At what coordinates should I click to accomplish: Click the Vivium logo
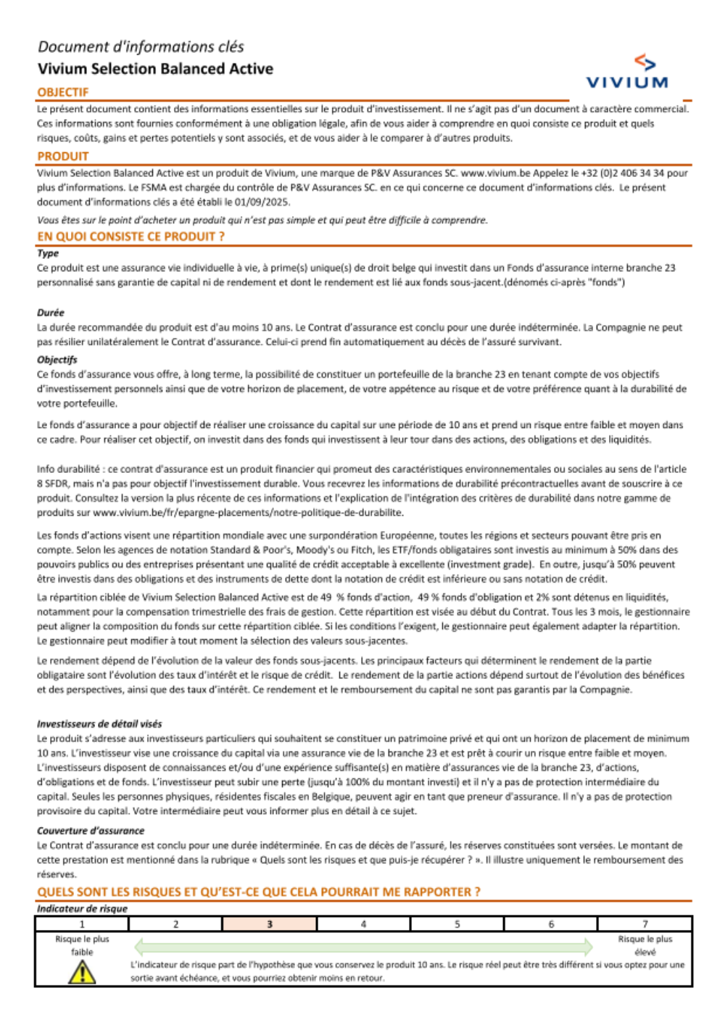click(627, 73)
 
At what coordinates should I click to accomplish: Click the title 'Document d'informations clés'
click(141, 47)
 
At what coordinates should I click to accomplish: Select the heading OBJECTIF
click(63, 92)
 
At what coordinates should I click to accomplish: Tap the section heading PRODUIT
click(63, 156)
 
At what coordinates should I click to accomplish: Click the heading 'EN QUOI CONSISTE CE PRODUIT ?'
click(130, 236)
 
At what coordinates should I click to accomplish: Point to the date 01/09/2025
click(261, 202)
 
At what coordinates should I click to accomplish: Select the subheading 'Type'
click(48, 253)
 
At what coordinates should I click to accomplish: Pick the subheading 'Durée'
click(51, 313)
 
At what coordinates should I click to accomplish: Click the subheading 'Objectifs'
click(57, 360)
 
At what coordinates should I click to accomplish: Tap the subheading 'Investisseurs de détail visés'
click(99, 724)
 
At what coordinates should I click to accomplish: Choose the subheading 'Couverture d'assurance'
click(91, 831)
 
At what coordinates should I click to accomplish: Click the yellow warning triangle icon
click(82, 971)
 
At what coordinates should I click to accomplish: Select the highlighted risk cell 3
click(270, 924)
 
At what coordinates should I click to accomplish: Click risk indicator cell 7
click(645, 924)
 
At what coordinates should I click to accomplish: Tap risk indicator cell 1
click(82, 924)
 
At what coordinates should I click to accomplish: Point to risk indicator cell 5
click(457, 924)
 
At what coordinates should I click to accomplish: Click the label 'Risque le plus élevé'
click(645, 945)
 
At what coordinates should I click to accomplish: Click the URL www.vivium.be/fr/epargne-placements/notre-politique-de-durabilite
click(248, 513)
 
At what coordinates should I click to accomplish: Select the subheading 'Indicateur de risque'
click(82, 909)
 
